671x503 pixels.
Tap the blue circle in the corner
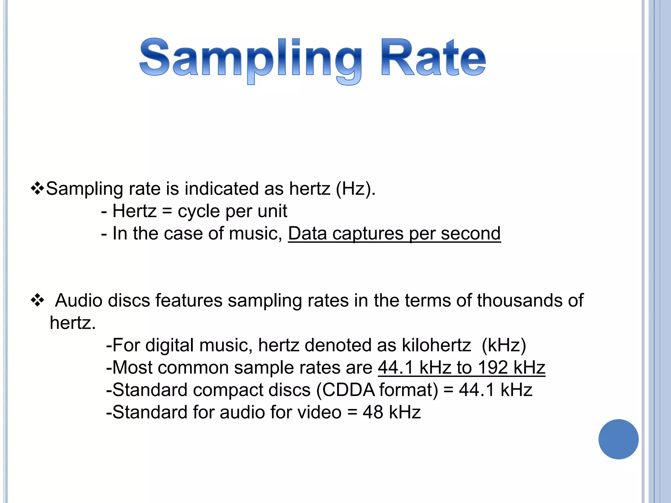point(618,439)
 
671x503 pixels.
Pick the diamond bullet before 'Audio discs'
point(37,300)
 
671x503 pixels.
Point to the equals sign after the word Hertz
point(167,211)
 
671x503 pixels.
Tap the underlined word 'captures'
point(368,233)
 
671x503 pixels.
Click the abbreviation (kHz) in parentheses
point(504,345)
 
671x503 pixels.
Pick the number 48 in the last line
point(373,412)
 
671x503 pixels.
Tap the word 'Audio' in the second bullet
point(79,300)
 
